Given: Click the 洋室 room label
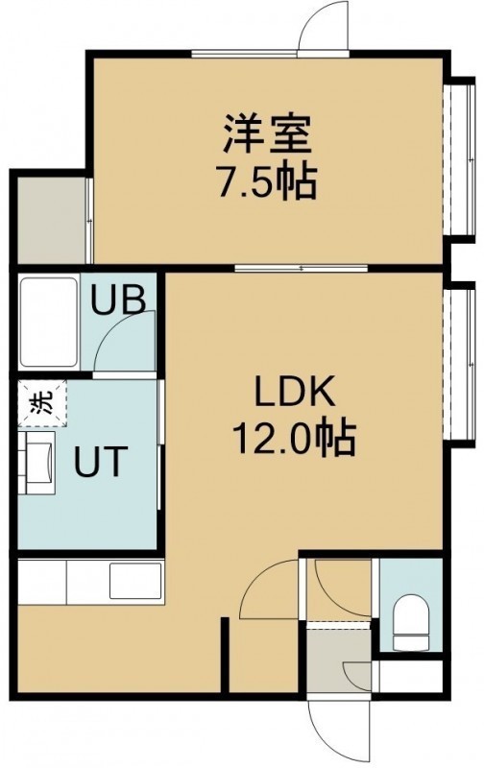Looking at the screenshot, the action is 268,133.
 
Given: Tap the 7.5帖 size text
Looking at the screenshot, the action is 268,181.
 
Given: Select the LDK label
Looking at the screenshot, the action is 295,390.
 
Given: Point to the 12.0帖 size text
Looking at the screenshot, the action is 294,438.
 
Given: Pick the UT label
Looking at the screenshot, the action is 101,461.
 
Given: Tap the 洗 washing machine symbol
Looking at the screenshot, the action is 42,402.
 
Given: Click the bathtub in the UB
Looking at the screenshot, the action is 49,322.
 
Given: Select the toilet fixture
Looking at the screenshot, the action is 412,622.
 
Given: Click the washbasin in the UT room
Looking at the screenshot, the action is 37,463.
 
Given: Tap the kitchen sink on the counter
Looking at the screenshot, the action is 135,581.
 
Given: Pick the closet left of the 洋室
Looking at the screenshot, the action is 52,221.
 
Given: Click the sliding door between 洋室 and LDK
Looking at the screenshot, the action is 301,268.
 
